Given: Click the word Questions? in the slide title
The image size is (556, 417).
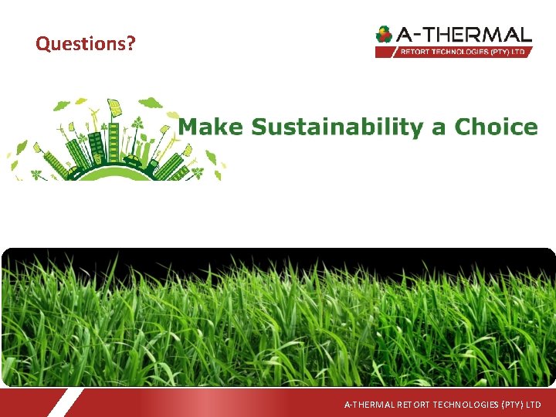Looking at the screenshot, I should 85,43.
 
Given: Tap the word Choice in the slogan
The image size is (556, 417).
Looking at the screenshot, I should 496,127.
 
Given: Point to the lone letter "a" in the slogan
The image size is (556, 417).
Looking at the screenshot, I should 439,128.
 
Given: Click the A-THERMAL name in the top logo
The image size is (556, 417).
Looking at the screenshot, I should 463,34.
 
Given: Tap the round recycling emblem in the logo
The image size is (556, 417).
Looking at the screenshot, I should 384,35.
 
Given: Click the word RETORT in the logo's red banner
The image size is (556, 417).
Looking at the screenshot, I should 415,52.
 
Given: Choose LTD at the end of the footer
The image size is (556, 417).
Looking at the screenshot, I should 533,405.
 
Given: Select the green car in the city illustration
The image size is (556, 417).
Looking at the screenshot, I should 134,161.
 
